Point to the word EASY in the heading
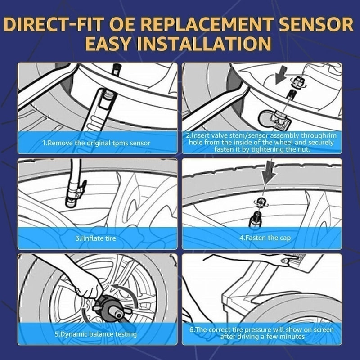click(x=114, y=44)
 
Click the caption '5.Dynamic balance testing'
click(x=95, y=334)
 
